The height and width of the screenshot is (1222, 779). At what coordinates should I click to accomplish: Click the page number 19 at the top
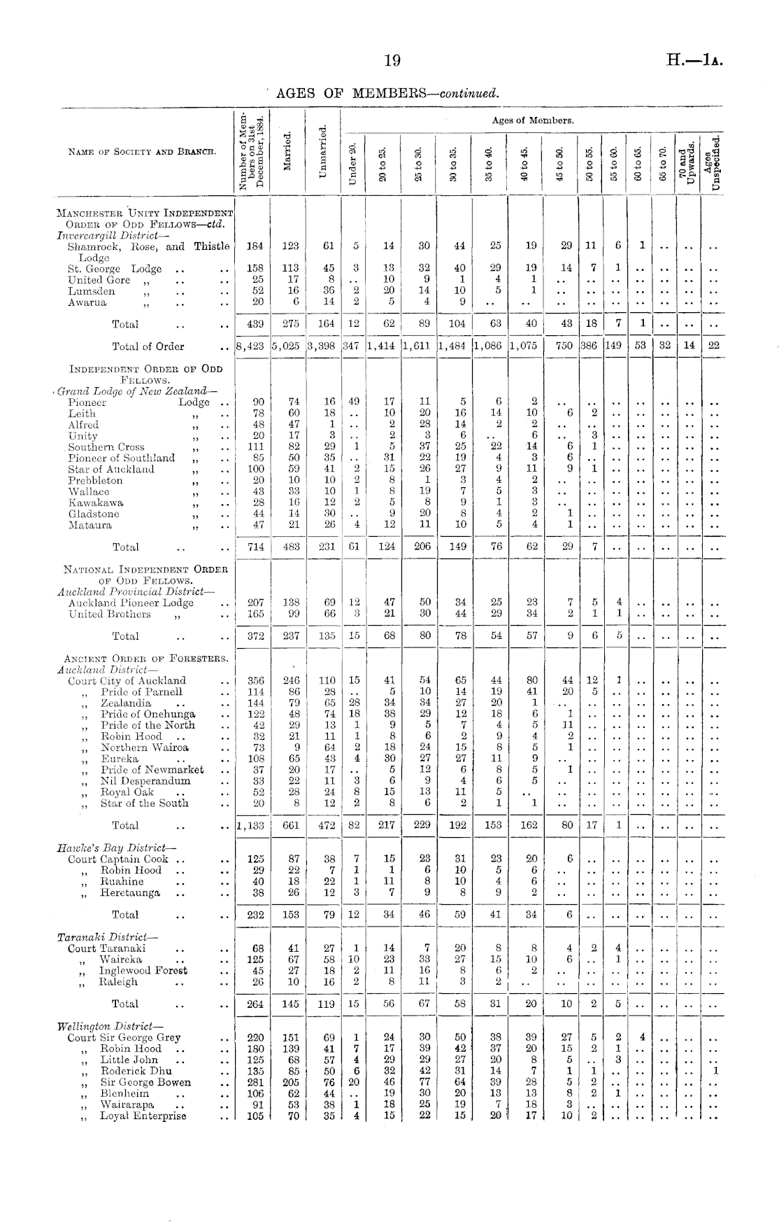[x=392, y=61]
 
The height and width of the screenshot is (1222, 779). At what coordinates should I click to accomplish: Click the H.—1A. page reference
[x=694, y=61]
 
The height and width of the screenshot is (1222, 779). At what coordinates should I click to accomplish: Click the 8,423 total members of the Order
[x=250, y=346]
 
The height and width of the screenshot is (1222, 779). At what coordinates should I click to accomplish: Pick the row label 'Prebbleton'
[x=95, y=481]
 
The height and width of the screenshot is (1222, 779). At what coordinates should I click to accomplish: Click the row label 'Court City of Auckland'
[x=127, y=680]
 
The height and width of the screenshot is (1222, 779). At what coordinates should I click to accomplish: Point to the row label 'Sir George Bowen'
[x=145, y=1082]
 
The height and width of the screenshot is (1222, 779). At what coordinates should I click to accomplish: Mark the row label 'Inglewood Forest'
[x=143, y=971]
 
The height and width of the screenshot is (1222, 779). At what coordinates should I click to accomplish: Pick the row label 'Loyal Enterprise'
[x=143, y=1116]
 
